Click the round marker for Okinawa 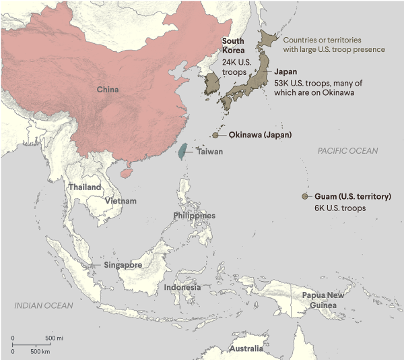pos(215,135)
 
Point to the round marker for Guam pos(305,197)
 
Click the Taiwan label pos(209,152)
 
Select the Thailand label pos(84,187)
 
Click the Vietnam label pos(121,201)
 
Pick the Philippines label pos(194,216)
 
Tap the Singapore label pos(123,265)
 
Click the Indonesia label pos(182,287)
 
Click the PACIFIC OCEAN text pos(347,151)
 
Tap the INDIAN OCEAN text pos(43,305)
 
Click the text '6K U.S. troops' pos(340,209)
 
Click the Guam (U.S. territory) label pos(352,197)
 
